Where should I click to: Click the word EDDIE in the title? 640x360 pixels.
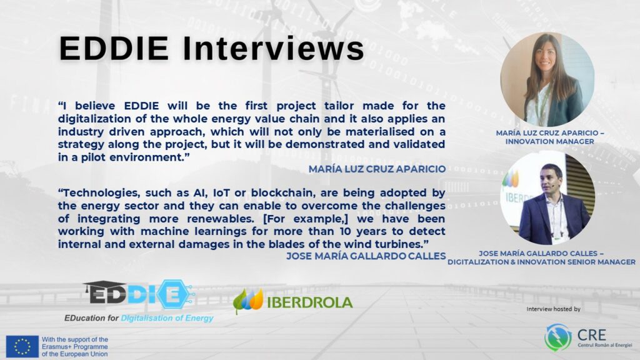point(114,49)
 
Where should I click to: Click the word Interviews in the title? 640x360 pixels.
point(273,49)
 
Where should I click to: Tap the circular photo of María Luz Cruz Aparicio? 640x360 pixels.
point(547,79)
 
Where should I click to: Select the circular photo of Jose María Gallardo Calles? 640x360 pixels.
point(547,198)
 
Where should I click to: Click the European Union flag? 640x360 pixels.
point(22,346)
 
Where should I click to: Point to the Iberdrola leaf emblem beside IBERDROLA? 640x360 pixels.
point(248,301)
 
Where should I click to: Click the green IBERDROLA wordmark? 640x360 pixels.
point(310,302)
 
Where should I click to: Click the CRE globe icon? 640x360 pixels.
point(558,337)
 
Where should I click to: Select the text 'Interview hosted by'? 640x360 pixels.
point(554,309)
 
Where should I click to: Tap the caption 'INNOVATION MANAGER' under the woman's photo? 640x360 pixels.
point(550,142)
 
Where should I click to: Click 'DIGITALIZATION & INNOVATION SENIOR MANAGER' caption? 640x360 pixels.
point(542,262)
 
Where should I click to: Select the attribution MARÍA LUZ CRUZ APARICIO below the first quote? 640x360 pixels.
point(377,169)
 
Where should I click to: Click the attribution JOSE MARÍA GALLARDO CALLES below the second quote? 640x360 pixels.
point(366,256)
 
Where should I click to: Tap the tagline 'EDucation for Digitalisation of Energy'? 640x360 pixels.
point(139,318)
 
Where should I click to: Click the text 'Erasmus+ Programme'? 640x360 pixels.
point(75,346)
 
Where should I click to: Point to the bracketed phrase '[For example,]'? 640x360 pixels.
point(306,219)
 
